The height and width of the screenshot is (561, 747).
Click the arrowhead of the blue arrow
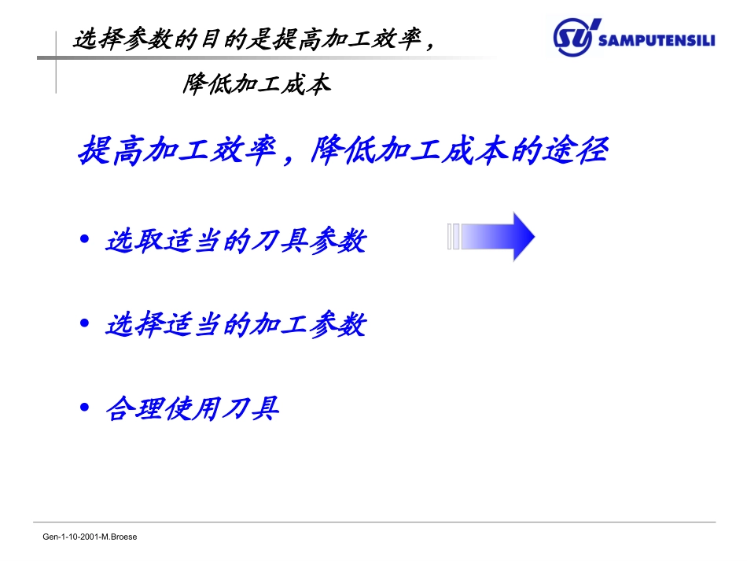coord(521,236)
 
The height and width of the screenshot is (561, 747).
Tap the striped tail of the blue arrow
coord(454,236)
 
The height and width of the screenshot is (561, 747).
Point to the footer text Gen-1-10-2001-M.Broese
coord(90,537)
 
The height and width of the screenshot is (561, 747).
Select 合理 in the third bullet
coord(134,408)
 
